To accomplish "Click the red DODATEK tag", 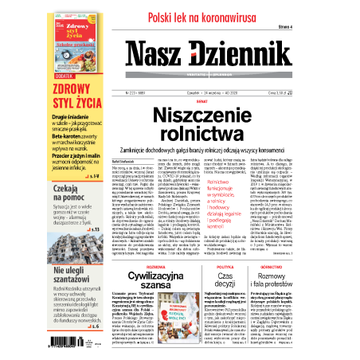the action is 64,73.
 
